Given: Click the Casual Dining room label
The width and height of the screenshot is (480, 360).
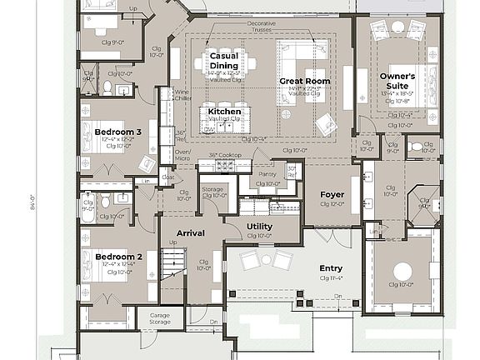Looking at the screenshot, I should (223, 61).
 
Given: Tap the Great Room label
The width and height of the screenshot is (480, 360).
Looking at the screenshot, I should (304, 82).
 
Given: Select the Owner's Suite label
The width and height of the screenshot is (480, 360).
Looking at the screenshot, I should (397, 81).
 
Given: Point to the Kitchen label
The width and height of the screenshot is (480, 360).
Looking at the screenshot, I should (224, 111).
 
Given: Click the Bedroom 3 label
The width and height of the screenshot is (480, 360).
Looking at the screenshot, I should (117, 132).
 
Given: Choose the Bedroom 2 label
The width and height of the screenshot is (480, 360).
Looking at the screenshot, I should (117, 257).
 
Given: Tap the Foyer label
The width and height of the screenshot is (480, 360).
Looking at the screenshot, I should (332, 195).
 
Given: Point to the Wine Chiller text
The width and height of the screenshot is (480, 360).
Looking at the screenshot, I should (181, 95).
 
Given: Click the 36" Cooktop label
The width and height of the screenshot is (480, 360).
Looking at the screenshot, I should (224, 155).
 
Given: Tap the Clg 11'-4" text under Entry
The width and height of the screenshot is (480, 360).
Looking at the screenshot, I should (331, 278).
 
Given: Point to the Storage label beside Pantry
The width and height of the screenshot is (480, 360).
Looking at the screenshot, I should (212, 190).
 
